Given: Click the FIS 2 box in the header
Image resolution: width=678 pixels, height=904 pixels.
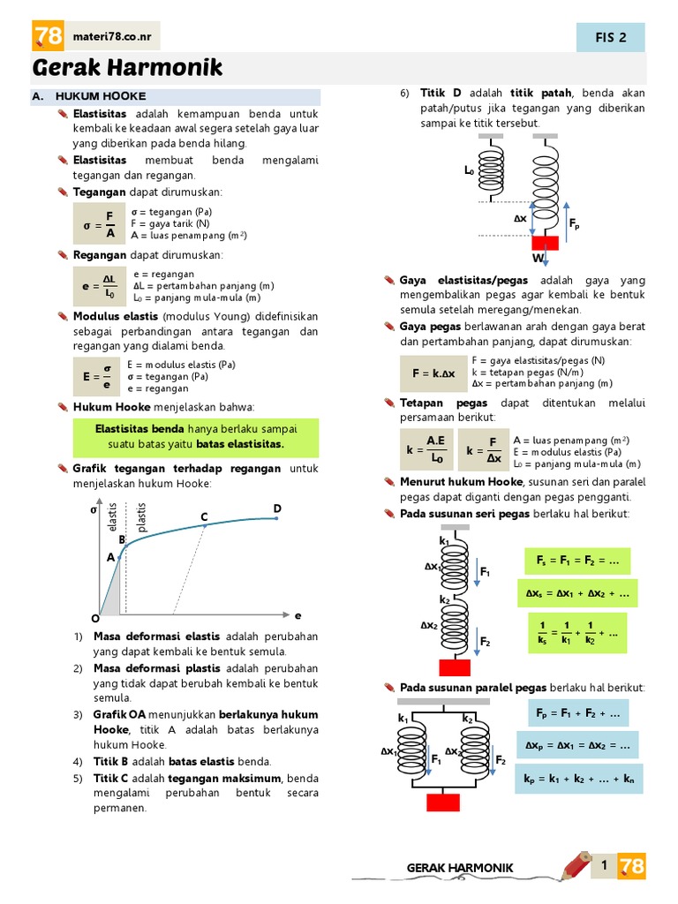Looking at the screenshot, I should pos(611,37).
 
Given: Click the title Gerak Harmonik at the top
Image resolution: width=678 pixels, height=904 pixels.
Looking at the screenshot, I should pos(128,68).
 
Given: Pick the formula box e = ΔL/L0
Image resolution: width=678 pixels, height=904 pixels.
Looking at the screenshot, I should pos(99,286).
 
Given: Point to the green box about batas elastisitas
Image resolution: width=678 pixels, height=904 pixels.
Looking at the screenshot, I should pos(196,436).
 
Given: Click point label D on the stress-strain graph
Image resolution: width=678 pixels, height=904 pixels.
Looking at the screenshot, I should pos(277,508).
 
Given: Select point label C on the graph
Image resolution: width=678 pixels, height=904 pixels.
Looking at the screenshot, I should pos(204,516).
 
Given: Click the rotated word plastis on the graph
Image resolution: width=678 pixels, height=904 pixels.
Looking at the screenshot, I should pos(142,517).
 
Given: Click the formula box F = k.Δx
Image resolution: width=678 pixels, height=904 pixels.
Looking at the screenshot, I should pos(433,373).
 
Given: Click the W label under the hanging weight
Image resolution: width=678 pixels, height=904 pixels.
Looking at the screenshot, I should pos(536,259).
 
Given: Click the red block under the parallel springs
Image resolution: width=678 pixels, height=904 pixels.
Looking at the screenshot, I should pos(442,802).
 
